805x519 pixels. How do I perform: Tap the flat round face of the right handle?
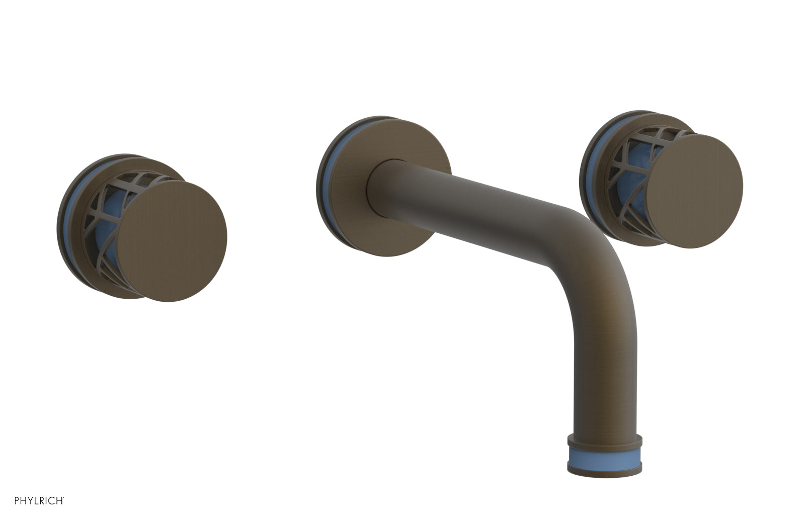694,191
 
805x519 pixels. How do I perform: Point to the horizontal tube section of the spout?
478,201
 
